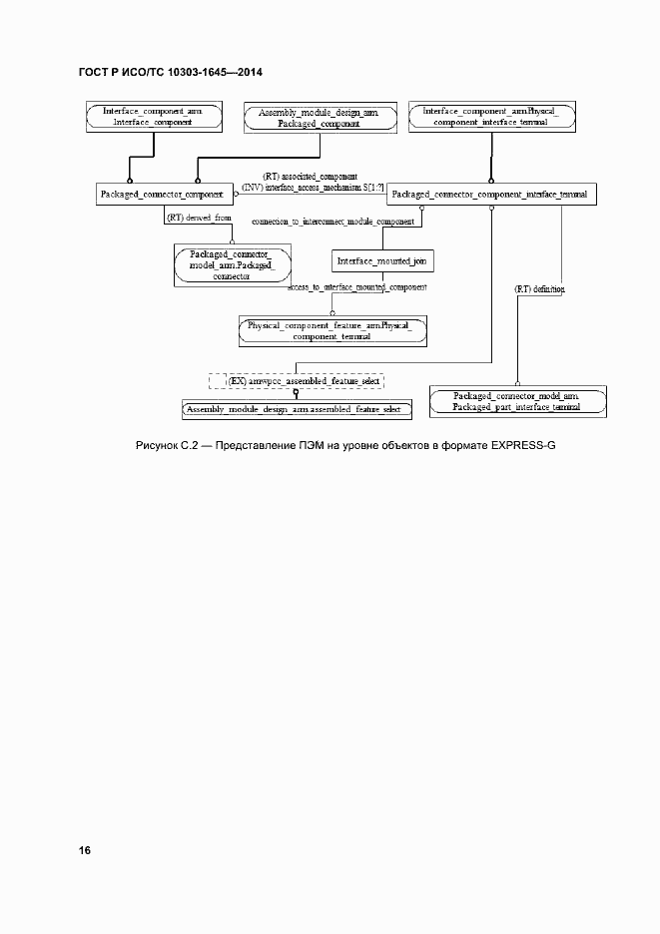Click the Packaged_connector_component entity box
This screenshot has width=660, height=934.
click(165, 194)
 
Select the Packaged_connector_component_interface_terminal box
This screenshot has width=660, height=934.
click(491, 194)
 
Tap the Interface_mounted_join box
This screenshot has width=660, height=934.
click(382, 260)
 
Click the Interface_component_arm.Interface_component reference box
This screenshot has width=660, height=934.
click(153, 116)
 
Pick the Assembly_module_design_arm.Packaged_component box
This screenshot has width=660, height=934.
click(318, 118)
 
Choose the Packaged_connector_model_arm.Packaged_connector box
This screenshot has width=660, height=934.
click(231, 264)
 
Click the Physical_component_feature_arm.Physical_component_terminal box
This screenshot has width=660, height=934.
click(331, 330)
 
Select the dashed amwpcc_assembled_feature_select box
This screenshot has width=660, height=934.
click(297, 381)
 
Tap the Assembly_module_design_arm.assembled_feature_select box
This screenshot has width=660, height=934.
click(297, 409)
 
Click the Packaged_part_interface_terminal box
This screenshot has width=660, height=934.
click(517, 402)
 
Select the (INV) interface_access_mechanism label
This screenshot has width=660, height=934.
click(313, 186)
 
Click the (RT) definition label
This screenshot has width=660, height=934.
click(539, 288)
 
